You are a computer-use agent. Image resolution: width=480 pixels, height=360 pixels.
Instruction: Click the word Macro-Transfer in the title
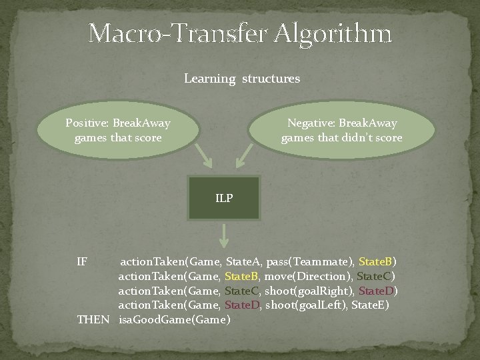tap(173, 33)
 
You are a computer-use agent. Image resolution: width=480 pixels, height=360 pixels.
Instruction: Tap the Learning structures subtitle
tap(241, 79)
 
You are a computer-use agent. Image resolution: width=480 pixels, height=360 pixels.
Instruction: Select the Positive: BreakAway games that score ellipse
tap(117, 131)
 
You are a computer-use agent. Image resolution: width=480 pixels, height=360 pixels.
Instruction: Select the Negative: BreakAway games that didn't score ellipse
tap(341, 131)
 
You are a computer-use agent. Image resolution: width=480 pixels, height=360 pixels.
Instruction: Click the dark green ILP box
tap(224, 198)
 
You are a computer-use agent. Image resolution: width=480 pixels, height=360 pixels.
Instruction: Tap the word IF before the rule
tap(82, 261)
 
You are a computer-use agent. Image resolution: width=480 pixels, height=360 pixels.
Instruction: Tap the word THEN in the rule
tap(93, 319)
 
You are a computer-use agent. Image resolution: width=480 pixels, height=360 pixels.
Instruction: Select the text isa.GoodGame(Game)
tap(175, 319)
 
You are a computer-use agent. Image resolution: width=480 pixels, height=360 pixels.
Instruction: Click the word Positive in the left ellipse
tap(87, 123)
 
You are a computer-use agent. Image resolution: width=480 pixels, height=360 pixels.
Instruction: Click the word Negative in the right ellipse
tap(311, 123)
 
